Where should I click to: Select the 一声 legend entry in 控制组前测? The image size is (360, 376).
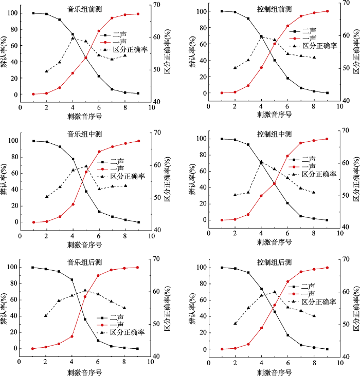[309, 38]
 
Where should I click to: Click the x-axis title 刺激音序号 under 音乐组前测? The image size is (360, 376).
[85, 116]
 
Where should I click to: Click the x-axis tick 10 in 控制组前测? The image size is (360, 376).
[339, 106]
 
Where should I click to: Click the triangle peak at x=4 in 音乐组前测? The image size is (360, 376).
[73, 38]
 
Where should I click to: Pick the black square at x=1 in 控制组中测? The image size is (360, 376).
[222, 139]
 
